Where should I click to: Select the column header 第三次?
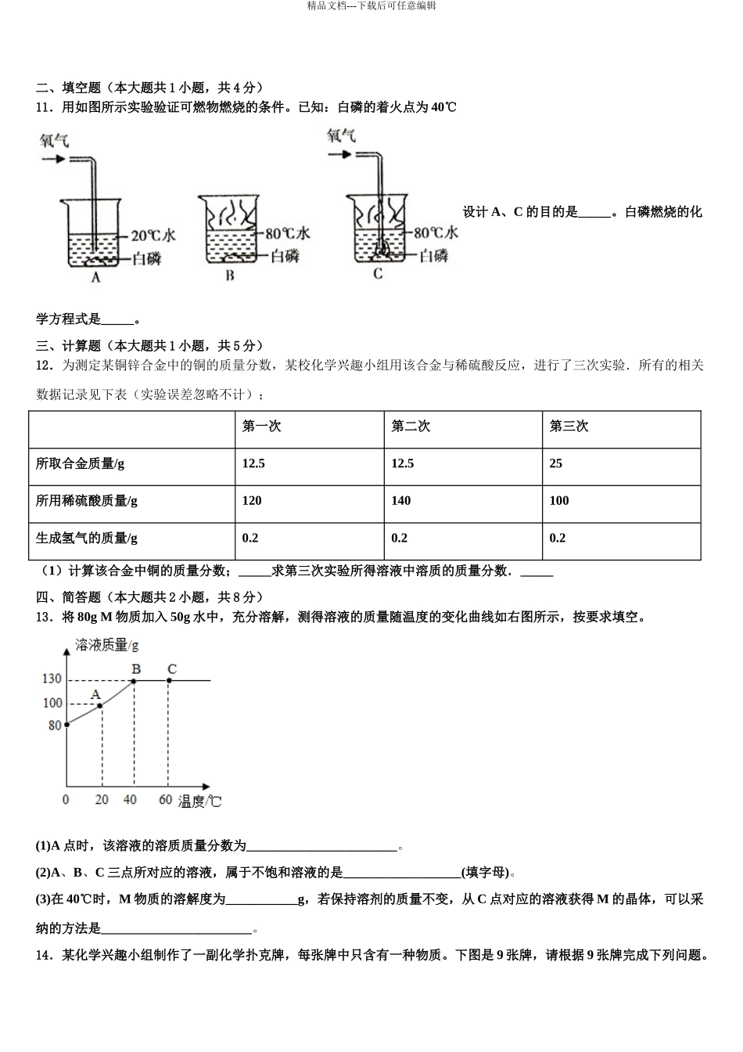[x=569, y=427]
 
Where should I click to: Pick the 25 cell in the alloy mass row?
[x=556, y=463]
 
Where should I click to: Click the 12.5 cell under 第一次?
[x=253, y=463]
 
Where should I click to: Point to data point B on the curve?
[x=135, y=681]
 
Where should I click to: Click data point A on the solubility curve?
[x=101, y=706]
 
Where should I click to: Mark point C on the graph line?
[x=169, y=681]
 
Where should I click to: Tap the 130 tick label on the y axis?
[x=52, y=679]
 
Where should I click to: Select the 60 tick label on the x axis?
[x=165, y=800]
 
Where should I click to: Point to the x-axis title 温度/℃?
[x=200, y=802]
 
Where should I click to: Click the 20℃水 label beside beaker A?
[x=153, y=235]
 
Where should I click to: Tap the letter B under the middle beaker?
[x=230, y=276]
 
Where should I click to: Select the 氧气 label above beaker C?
[x=341, y=136]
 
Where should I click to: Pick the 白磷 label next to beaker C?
[x=433, y=255]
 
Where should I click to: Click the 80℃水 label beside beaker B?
[x=288, y=233]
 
